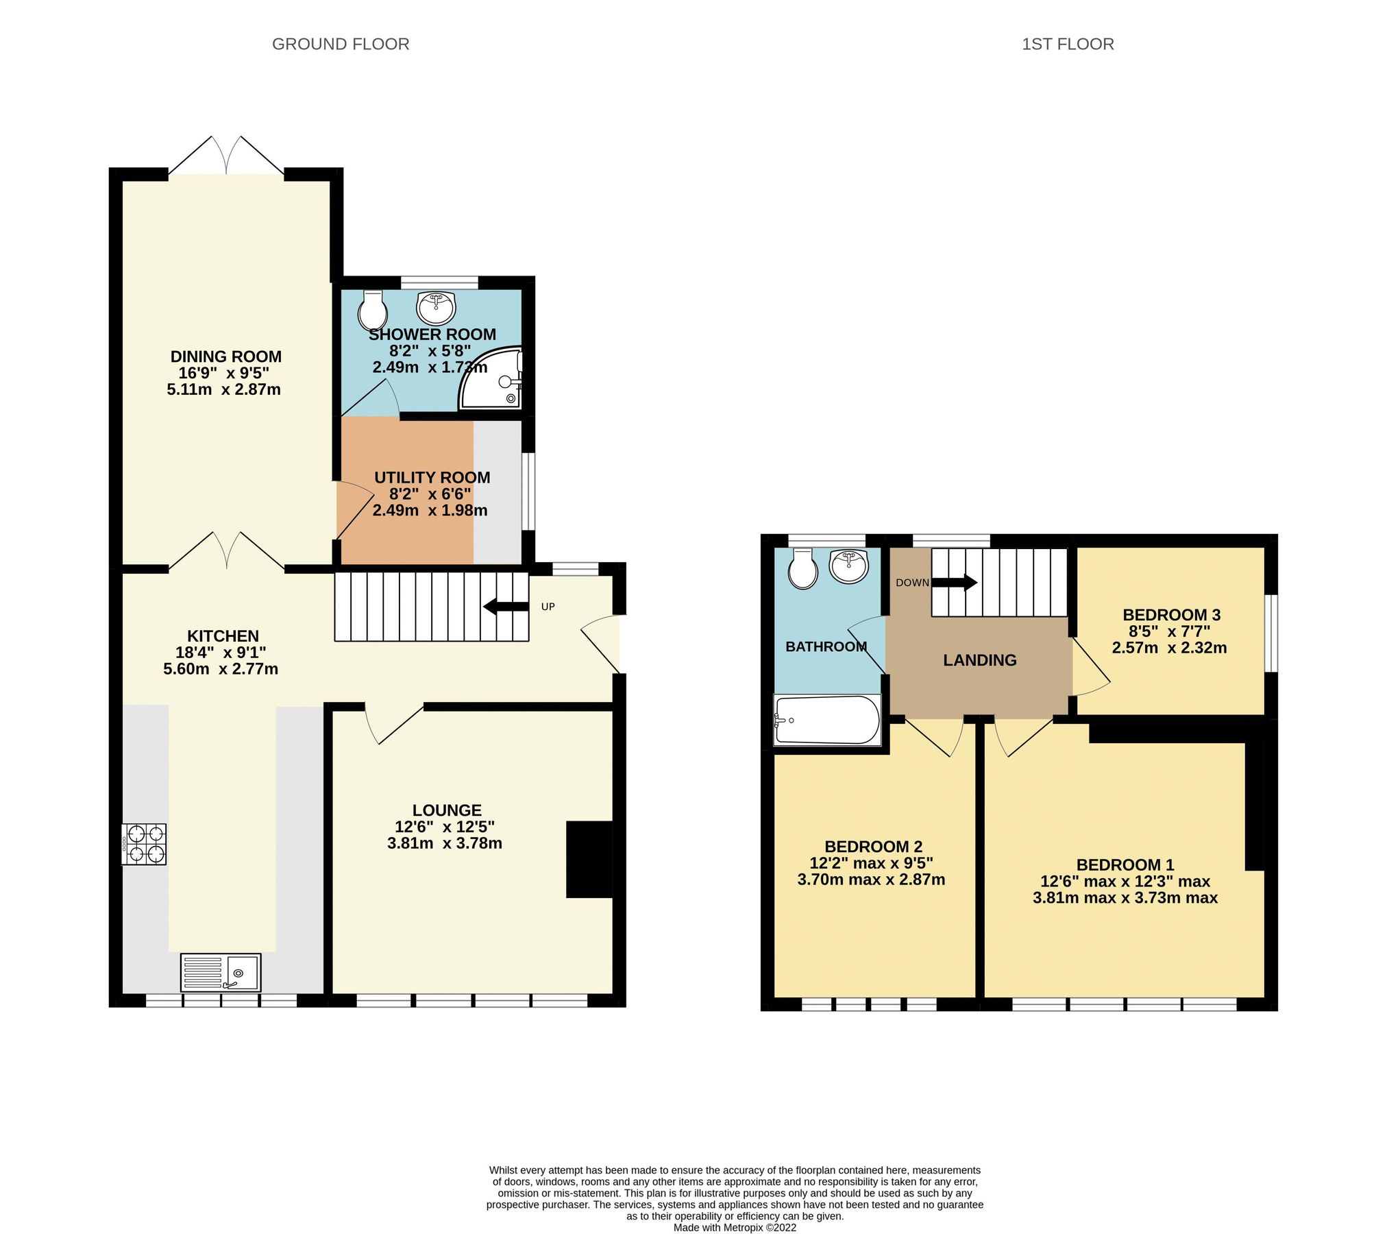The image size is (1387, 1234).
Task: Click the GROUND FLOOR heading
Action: click(x=341, y=44)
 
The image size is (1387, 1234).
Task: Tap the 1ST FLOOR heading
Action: click(x=1067, y=44)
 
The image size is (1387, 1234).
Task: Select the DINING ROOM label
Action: click(x=225, y=356)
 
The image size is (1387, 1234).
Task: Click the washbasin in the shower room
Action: click(x=436, y=307)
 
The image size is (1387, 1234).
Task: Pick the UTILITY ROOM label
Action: click(x=432, y=477)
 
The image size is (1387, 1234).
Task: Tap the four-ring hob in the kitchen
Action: click(x=144, y=844)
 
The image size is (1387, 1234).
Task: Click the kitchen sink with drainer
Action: click(x=220, y=972)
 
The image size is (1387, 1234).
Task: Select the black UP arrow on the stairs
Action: click(x=505, y=607)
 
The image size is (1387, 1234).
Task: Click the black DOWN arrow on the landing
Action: click(x=954, y=583)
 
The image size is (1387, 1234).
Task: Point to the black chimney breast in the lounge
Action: click(x=588, y=859)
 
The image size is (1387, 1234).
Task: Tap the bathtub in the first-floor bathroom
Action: click(x=827, y=720)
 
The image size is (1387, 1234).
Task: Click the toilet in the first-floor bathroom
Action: click(x=802, y=570)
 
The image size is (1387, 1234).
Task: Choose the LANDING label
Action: click(x=979, y=660)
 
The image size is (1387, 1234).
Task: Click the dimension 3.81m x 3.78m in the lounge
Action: click(x=444, y=843)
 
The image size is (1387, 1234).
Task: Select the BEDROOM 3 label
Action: click(x=1171, y=615)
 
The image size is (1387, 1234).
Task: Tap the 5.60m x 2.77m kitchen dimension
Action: click(x=221, y=669)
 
